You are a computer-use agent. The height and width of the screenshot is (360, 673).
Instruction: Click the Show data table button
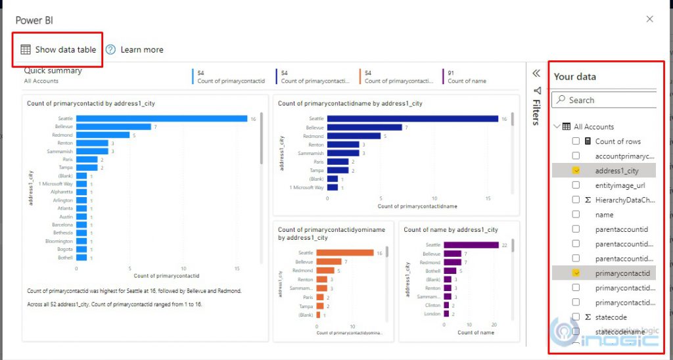tap(58, 49)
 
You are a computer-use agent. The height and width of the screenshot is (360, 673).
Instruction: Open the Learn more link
tap(141, 49)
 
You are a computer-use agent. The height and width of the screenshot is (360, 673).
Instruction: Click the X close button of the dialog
tap(649, 19)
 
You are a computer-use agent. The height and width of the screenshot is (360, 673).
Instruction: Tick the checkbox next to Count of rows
tap(576, 141)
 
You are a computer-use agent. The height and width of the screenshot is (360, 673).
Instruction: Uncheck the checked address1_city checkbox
tap(576, 171)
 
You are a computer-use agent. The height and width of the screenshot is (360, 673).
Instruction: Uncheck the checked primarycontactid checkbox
tap(576, 273)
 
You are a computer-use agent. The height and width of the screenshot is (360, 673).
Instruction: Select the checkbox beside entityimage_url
tap(576, 186)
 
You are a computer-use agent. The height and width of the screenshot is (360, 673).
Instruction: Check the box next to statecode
tap(576, 317)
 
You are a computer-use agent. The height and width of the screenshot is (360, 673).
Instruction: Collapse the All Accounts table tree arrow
tap(557, 127)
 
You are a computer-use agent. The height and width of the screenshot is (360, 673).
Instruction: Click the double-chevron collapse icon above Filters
tap(536, 74)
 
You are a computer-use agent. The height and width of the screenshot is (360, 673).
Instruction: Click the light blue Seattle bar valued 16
tap(161, 119)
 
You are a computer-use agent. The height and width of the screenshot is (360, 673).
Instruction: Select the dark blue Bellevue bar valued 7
tap(364, 127)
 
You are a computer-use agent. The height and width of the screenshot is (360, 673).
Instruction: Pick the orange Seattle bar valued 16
tap(344, 253)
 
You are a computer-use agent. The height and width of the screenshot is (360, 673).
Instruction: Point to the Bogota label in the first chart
tap(64, 250)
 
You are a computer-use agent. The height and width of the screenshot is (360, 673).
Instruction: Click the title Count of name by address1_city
tap(450, 230)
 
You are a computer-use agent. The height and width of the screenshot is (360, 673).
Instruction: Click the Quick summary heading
tap(53, 71)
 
